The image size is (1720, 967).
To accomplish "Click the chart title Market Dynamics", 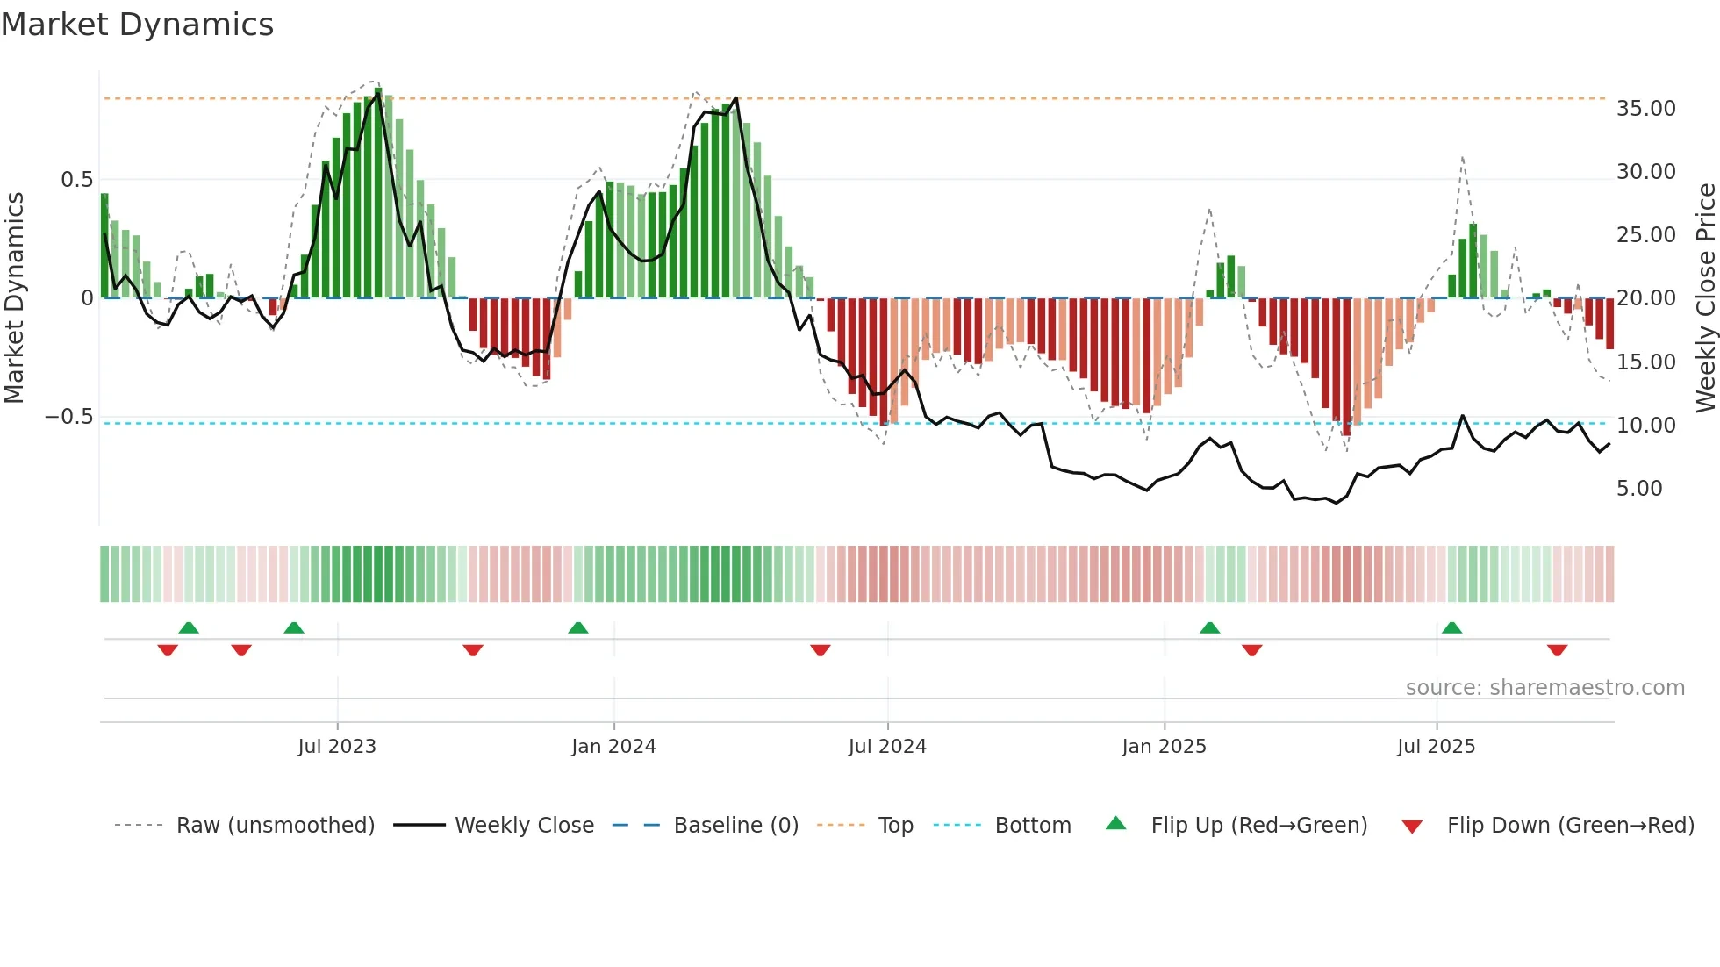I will (x=137, y=25).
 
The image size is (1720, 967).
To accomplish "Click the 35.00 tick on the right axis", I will (x=1645, y=109).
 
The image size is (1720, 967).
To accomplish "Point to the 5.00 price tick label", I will (x=1638, y=489).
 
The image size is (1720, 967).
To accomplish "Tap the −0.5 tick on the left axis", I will (x=68, y=417).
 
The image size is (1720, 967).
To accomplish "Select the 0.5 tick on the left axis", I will (x=76, y=180).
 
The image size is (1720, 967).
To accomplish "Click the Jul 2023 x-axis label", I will (x=336, y=747).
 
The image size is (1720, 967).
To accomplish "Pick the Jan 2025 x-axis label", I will (x=1164, y=747).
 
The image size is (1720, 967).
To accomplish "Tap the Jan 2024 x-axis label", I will (x=613, y=747).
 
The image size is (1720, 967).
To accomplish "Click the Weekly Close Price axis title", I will (x=1705, y=297).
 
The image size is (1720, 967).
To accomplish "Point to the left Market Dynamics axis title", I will (x=14, y=297).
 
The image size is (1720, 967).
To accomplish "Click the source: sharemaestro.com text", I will (x=1544, y=688).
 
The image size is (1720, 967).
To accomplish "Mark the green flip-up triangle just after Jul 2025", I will (x=1451, y=627).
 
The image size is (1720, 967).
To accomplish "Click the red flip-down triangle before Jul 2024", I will (x=821, y=650).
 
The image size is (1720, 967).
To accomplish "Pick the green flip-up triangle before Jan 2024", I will (x=577, y=627).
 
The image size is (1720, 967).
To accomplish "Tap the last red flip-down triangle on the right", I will (x=1557, y=650).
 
